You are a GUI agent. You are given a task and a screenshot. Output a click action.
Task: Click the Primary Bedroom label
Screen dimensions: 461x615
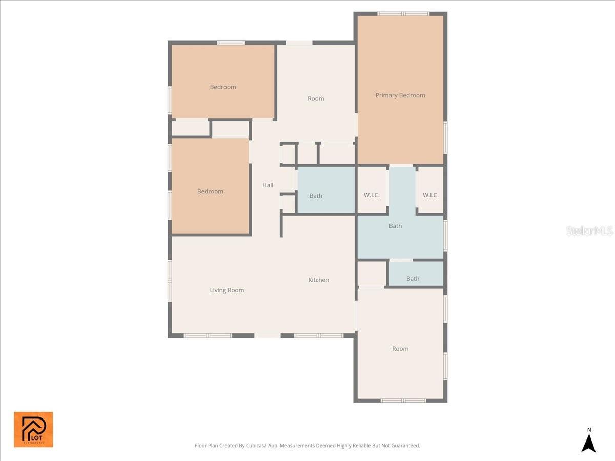pos(400,95)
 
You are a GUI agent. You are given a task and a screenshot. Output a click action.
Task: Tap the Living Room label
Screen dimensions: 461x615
pos(227,290)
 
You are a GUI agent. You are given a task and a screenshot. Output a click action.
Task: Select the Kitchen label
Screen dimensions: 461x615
pos(318,280)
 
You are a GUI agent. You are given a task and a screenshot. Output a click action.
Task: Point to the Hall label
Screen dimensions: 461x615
pos(268,185)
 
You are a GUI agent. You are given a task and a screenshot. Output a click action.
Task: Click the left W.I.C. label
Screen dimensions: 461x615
pos(372,195)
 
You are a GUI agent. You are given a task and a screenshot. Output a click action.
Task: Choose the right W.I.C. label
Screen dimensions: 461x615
pos(430,195)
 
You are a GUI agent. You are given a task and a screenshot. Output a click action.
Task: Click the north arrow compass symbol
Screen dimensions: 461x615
pos(589,441)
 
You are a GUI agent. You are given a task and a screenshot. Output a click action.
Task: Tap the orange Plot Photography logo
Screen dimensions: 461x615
pos(33,429)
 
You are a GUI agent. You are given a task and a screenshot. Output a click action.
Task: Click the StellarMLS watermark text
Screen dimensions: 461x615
pos(589,231)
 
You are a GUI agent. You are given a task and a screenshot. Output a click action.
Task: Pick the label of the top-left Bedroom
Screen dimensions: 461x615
pos(223,87)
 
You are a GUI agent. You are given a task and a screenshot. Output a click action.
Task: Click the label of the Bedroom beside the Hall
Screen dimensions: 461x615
pos(210,191)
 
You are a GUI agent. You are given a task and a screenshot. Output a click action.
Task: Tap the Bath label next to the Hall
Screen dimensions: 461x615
pos(316,196)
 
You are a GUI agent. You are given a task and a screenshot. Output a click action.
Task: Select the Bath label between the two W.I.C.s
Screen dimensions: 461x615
pos(395,226)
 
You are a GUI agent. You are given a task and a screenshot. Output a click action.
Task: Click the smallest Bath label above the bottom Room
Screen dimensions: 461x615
pos(413,279)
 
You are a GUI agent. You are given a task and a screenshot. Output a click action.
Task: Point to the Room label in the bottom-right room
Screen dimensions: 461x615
pos(400,349)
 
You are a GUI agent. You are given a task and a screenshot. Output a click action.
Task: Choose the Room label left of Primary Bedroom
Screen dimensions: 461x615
pos(316,99)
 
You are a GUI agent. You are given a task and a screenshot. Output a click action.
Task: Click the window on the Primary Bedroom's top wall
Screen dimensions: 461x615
pos(403,14)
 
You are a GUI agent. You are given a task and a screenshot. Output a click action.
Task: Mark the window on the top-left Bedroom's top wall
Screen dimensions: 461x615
pos(231,43)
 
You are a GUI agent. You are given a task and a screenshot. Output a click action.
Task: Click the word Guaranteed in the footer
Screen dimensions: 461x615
pos(405,446)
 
